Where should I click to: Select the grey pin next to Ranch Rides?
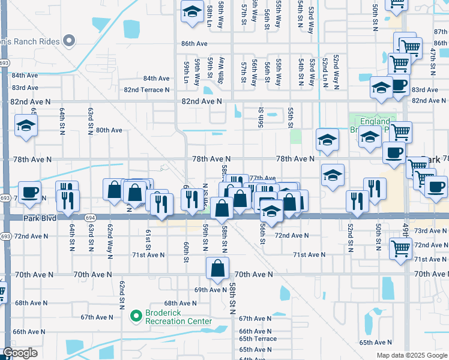pos(70,41)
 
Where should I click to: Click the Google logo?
pos(20,353)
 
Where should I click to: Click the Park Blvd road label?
pos(40,218)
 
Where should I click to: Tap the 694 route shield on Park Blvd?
pos(89,218)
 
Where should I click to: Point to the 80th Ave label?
pos(109,130)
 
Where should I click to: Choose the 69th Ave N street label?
pos(202,289)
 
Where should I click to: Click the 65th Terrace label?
pos(258,339)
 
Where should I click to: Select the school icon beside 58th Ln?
pos(192,11)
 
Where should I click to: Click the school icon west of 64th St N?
pos(26,125)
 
